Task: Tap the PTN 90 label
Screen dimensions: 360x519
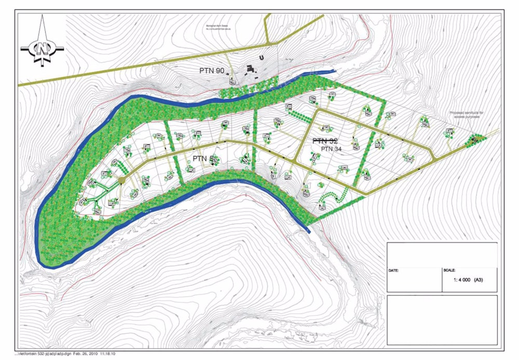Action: [214, 69]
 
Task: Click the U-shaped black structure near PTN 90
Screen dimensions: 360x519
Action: [263, 58]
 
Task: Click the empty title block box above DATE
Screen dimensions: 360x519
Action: [442, 254]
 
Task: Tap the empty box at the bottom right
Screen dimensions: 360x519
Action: [442, 319]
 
